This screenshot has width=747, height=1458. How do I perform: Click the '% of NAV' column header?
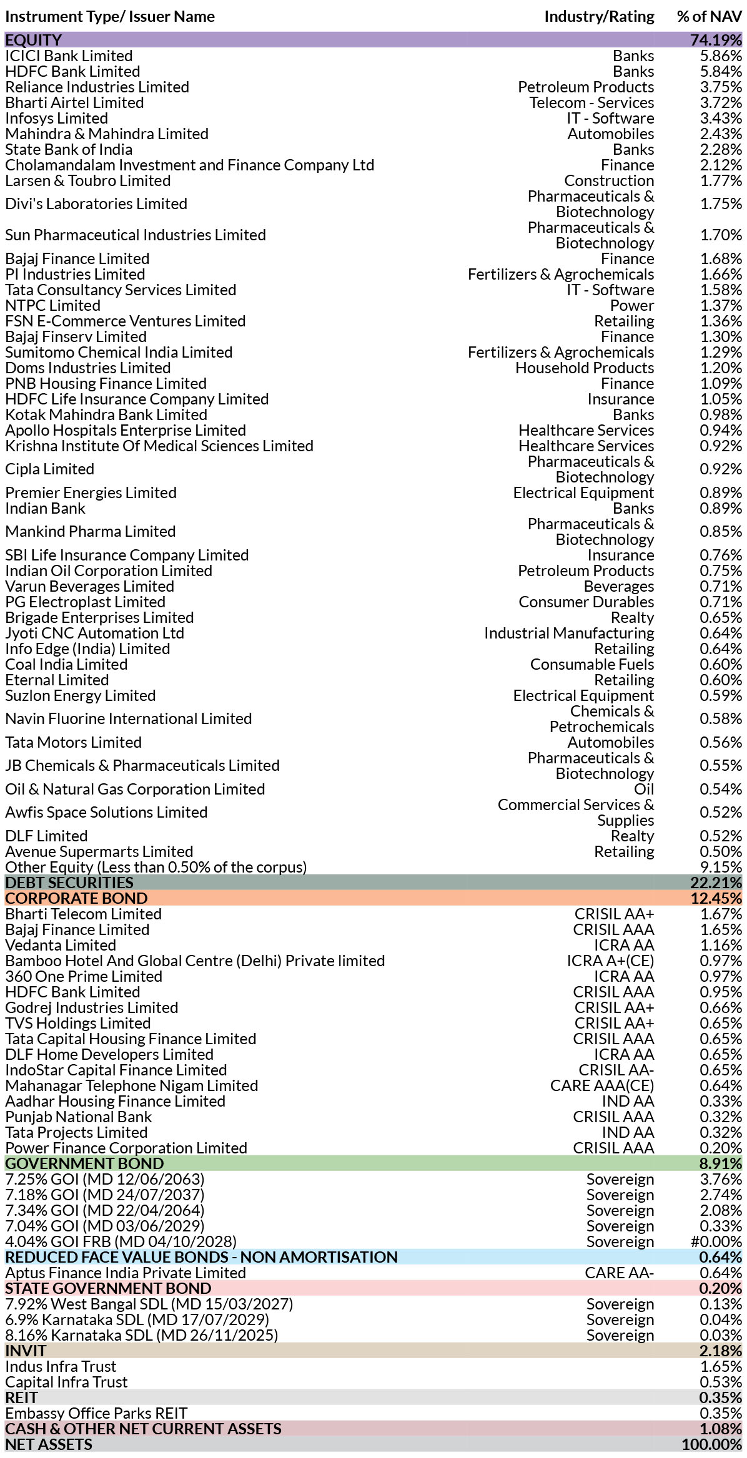710,17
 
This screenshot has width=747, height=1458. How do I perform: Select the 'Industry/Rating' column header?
599,17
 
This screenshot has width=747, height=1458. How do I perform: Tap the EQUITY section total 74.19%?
716,40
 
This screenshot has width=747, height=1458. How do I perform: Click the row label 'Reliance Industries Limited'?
97,87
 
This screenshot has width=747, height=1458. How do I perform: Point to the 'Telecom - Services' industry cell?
591,102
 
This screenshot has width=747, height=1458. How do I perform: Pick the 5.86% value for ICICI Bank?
721,56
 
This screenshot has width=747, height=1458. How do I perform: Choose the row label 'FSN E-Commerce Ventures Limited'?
125,321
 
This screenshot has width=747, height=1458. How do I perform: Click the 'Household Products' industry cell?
585,368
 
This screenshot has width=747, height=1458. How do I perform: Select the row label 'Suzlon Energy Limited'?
80,695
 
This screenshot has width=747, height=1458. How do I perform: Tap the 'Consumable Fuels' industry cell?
592,664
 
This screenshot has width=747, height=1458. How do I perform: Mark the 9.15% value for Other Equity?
721,867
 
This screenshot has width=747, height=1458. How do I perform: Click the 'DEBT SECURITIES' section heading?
69,883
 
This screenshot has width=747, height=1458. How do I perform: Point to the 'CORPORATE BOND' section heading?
76,898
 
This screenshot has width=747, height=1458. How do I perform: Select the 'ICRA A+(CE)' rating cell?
610,961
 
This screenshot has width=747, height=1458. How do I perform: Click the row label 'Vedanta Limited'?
61,945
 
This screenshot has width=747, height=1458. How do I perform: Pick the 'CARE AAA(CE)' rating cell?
602,1085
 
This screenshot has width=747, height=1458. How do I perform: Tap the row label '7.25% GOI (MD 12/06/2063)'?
105,1179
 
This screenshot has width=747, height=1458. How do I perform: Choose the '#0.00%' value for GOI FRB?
716,1241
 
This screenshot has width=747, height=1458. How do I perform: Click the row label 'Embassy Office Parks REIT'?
96,1413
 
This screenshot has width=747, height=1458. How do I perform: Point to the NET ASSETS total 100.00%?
712,1444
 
